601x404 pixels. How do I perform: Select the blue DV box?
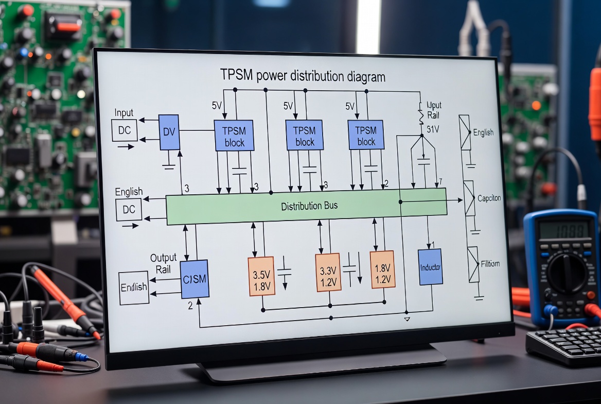[169, 132]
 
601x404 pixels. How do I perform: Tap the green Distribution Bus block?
[307, 206]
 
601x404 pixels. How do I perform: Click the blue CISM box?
[195, 279]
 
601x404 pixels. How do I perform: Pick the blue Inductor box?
[431, 267]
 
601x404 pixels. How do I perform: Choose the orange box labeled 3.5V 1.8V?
[262, 276]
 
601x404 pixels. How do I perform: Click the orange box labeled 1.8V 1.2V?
[382, 269]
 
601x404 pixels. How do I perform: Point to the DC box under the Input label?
[125, 130]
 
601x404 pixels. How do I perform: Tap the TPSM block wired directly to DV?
[234, 136]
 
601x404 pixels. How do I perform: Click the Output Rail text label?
[163, 263]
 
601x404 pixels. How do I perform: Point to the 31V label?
[433, 129]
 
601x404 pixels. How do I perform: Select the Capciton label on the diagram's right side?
[489, 198]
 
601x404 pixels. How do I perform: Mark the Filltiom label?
[490, 264]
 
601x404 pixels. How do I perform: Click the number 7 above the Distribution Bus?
[439, 182]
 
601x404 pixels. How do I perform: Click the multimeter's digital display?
[563, 229]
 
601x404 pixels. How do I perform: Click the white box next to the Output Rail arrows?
[133, 288]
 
